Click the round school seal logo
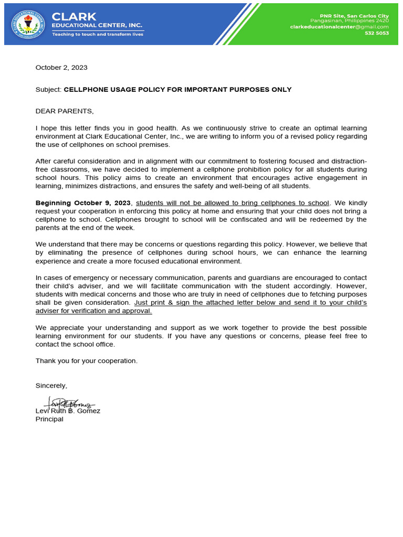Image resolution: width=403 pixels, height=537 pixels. point(28,25)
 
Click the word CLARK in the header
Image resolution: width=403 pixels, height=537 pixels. point(74,17)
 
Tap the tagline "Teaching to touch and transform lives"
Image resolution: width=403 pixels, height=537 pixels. point(97,34)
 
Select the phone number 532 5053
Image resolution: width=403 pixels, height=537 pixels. point(377,33)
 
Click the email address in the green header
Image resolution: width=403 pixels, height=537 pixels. point(339,27)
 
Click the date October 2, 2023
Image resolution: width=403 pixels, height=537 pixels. point(61,68)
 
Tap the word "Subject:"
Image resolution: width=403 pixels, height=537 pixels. point(48,90)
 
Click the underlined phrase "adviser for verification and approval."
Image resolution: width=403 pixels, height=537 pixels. point(93,310)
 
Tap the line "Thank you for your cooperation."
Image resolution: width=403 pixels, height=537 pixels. point(87,361)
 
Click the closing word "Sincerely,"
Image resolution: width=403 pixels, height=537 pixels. point(51,385)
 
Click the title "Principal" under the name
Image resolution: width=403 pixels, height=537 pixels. point(49,419)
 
